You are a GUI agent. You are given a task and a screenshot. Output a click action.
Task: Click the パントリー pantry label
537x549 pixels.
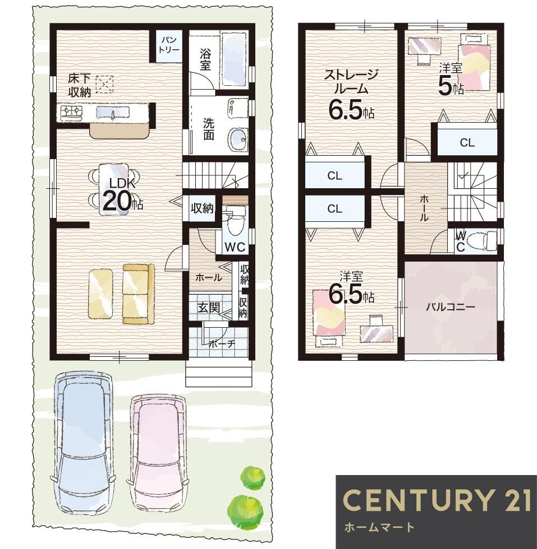(169, 45)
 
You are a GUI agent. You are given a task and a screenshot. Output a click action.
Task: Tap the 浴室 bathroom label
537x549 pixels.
(205, 59)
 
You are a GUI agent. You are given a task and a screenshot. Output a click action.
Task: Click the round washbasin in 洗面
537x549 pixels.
(238, 139)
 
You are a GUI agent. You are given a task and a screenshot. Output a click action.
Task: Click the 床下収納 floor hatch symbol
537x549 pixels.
(104, 85)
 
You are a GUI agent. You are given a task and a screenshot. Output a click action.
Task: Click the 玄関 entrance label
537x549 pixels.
(209, 308)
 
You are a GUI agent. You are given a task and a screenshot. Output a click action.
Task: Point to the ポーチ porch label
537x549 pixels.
(222, 343)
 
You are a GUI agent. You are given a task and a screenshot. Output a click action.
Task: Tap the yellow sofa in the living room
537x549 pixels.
(139, 294)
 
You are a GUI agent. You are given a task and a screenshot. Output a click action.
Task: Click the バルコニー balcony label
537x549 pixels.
(451, 308)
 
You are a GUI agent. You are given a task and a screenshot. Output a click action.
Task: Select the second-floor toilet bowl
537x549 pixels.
(480, 240)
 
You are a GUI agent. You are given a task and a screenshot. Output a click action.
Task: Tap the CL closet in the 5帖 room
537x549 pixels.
(467, 142)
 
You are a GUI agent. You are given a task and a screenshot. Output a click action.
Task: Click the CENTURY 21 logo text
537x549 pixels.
(436, 499)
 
